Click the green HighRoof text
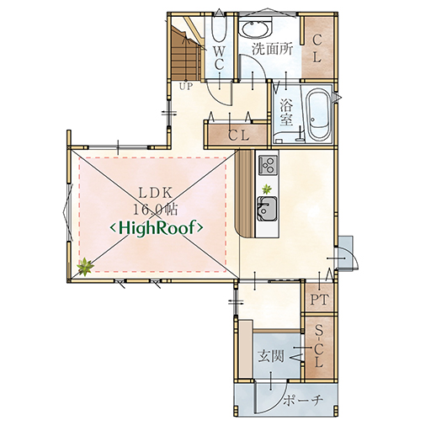157,228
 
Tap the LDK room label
156,193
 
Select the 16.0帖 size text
155,209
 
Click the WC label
219,58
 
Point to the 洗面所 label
272,49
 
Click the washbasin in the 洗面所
256,27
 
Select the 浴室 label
286,111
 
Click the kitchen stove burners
268,165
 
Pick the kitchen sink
267,209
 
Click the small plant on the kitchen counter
266,189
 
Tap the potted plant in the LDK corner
85,267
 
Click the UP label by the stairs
186,87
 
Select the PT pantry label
319,300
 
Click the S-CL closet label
319,346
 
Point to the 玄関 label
271,357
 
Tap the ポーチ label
303,401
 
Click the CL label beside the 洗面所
317,49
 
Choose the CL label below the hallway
238,136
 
